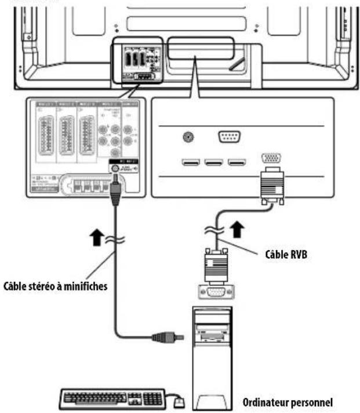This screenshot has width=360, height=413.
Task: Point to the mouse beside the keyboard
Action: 180,400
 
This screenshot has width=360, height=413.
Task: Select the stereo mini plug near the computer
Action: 162,335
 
